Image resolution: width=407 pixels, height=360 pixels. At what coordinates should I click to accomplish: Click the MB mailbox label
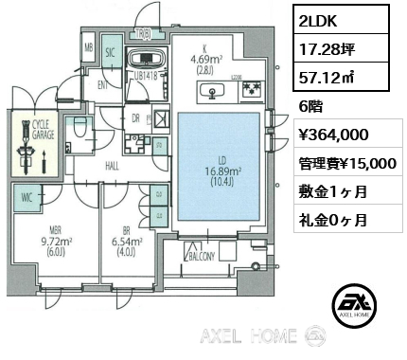88,47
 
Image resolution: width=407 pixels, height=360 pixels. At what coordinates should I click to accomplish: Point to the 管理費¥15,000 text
344,163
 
